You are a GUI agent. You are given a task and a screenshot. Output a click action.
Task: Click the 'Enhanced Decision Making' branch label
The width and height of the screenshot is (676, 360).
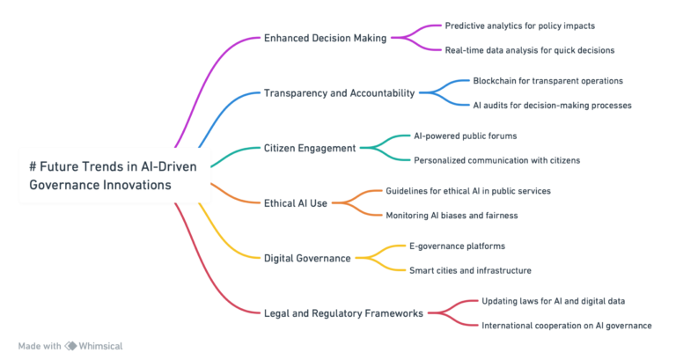[x=326, y=38]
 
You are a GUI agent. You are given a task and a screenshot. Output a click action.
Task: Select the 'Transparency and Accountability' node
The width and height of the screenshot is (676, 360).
[x=339, y=92]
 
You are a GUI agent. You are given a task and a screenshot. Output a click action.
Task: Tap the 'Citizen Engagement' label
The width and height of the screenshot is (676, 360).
[x=310, y=148]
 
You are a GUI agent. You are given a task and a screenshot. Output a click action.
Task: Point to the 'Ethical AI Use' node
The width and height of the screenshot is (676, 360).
[x=296, y=202]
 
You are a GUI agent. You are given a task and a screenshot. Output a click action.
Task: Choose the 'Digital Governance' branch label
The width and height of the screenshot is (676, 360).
[x=308, y=258]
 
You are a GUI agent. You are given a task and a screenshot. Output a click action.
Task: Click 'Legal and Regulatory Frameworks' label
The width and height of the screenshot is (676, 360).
[x=344, y=312]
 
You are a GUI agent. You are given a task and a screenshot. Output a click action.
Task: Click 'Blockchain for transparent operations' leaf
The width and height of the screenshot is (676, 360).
[x=547, y=80]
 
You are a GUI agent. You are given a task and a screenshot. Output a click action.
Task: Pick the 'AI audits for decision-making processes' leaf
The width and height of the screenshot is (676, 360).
[x=552, y=105]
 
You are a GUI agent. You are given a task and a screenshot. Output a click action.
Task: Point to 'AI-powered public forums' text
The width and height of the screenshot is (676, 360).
[x=465, y=136]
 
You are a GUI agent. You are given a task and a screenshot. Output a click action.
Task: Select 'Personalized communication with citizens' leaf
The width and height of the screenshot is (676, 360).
[x=496, y=160]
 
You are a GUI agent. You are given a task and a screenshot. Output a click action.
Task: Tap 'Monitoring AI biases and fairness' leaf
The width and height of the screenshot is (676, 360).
[x=452, y=215]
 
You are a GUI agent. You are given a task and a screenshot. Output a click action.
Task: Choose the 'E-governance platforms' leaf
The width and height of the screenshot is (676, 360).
[x=457, y=246]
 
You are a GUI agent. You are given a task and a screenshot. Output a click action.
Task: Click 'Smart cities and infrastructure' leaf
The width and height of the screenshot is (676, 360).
[x=469, y=270]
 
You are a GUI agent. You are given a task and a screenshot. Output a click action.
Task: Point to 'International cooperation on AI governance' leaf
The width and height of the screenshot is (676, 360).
[x=566, y=325]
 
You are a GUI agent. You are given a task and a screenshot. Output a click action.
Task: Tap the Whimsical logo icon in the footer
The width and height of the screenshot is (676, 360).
[x=70, y=346]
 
